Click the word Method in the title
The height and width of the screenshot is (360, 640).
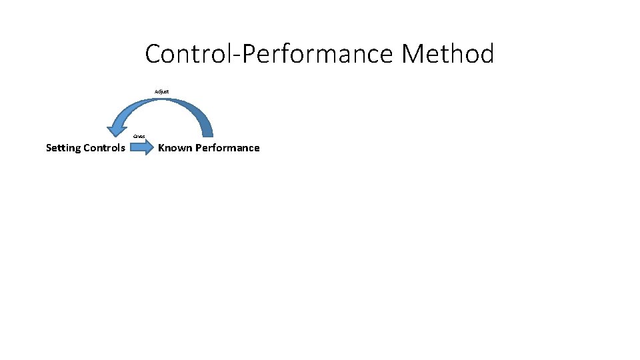tap(448, 54)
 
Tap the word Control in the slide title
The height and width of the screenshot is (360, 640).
tap(185, 54)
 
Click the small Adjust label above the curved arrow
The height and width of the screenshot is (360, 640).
tap(161, 91)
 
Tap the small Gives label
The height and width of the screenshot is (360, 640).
tap(139, 136)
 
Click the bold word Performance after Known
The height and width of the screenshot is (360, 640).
tap(227, 148)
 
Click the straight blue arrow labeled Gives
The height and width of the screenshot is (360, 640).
tap(141, 148)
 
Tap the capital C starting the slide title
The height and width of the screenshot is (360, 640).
tap(153, 54)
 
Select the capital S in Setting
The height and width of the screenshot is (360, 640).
tap(49, 148)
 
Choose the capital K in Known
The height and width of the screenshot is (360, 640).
tap(161, 148)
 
